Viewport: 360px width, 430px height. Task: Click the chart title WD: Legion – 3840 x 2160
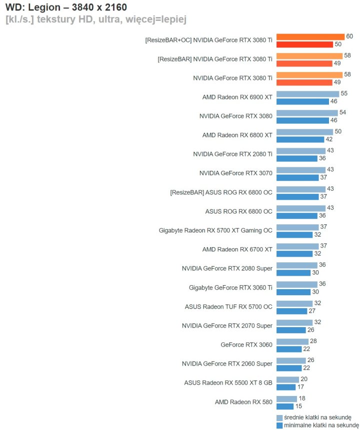pos(65,7)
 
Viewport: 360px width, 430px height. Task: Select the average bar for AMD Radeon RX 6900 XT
pos(307,94)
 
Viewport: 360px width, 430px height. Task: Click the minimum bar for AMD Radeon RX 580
pos(285,406)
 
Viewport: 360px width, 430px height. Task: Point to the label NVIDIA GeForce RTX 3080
pos(235,116)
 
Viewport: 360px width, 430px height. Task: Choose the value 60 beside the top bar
pos(349,36)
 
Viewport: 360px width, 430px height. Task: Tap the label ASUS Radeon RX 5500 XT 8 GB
pos(228,383)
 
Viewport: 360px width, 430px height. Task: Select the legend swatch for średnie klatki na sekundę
pos(279,418)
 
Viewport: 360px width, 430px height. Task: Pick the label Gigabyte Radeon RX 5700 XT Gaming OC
pos(215,230)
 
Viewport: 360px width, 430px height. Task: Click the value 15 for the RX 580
pos(298,406)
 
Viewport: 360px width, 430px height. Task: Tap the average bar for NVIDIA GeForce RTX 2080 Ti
pos(300,151)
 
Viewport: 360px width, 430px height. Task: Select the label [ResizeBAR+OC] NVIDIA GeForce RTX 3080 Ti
pos(208,40)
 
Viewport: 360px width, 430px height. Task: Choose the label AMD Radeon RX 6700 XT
pos(237,249)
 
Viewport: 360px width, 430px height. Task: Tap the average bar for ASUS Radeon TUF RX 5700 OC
pos(294,303)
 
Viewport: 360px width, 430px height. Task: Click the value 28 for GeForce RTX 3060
pos(313,341)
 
